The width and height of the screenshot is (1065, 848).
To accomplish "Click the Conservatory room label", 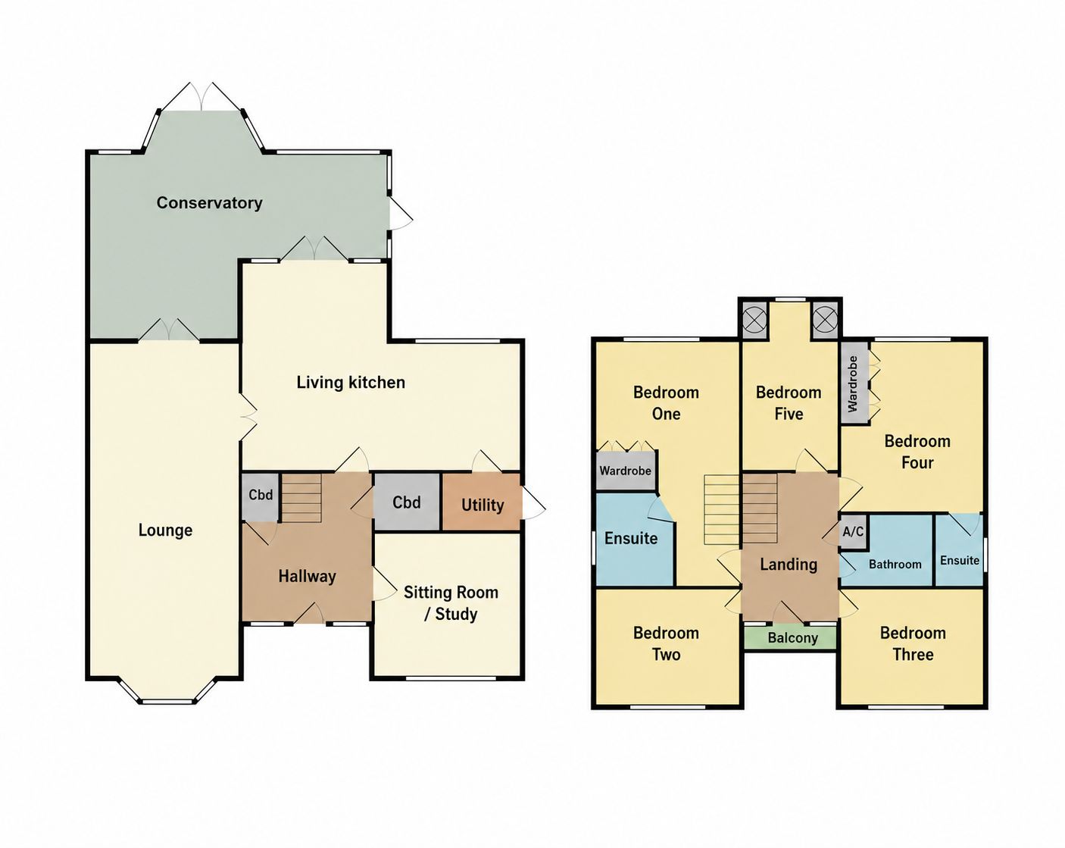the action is (209, 203).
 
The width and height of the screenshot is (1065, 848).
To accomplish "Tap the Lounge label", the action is (165, 530).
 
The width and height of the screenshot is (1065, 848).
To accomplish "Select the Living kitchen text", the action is (351, 382).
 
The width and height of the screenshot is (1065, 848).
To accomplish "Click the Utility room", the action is (482, 502).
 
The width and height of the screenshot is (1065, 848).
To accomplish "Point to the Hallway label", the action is (307, 576).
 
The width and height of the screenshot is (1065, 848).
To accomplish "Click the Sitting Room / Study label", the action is (451, 603).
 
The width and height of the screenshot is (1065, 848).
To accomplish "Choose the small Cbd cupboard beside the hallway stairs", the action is (261, 497).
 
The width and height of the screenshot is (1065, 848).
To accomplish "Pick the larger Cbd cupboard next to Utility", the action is (407, 502).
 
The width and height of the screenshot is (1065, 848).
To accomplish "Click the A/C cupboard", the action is (853, 532).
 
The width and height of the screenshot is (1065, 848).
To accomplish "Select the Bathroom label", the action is (895, 565).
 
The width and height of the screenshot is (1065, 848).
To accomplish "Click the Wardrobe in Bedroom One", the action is (626, 471).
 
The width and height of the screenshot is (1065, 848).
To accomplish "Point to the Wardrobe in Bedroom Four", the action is (854, 383).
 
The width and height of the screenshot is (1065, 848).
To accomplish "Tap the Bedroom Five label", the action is (789, 403).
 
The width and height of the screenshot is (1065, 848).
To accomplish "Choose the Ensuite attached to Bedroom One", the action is (632, 539).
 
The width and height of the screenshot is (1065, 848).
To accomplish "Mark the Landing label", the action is (789, 565).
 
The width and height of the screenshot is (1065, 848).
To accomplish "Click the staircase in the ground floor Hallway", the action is (301, 498).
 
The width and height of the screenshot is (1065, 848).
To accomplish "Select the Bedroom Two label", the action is (666, 643).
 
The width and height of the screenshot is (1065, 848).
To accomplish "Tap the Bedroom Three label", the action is (913, 643).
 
